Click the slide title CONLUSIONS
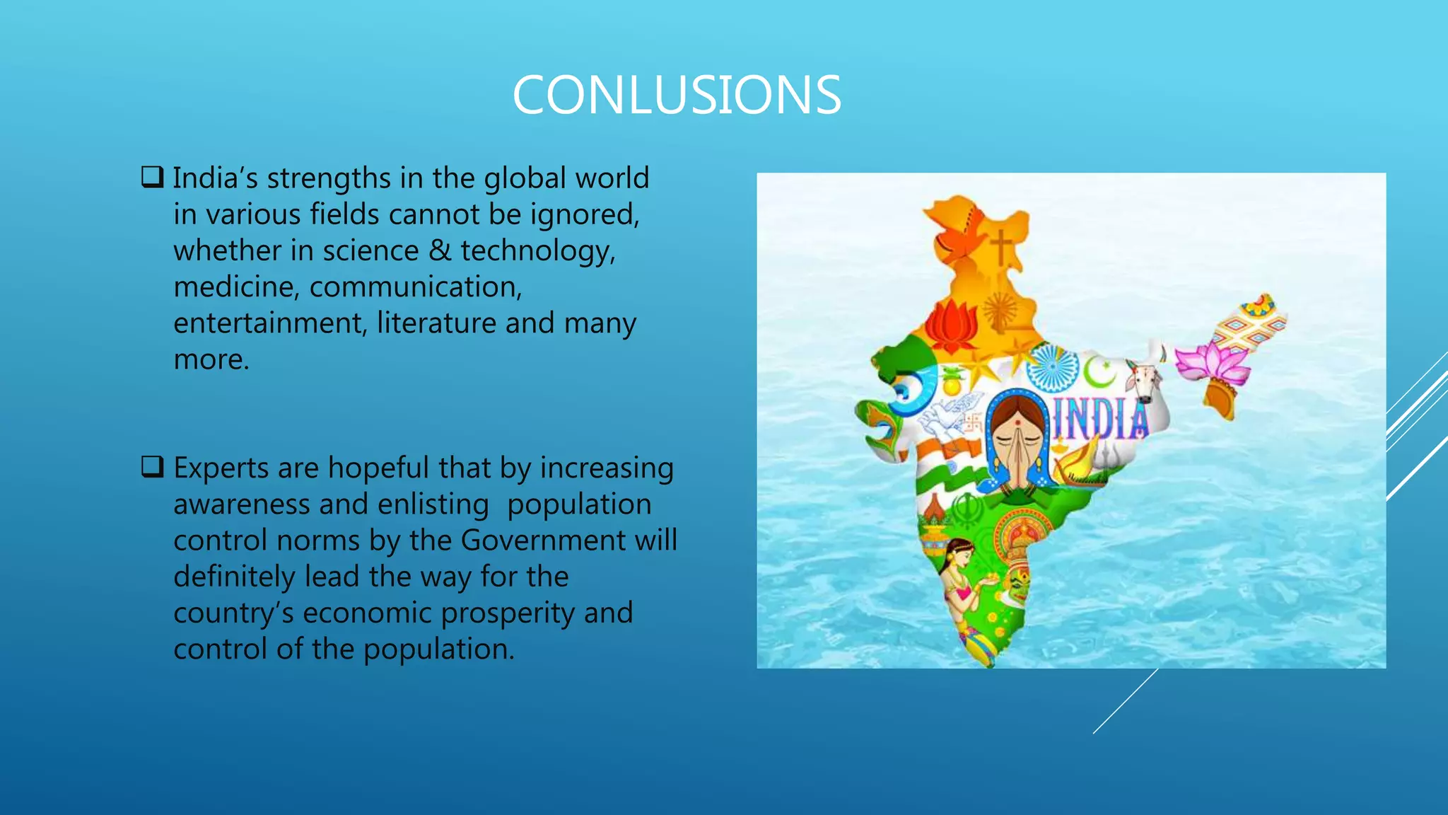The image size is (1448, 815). (677, 96)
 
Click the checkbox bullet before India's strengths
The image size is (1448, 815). (152, 177)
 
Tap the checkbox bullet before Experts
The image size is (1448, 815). (152, 467)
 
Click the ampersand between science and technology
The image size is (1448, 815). (440, 250)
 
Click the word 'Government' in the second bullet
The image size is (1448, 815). (543, 541)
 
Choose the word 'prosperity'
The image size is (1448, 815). (507, 613)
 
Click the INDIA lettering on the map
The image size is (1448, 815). (1101, 419)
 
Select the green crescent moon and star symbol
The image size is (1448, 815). (1099, 371)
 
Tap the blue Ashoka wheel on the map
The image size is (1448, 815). (1053, 367)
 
